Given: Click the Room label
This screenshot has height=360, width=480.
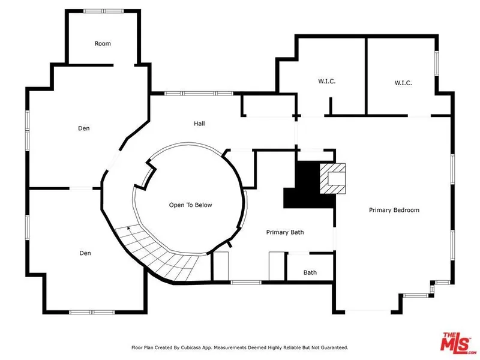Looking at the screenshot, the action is coord(103,43).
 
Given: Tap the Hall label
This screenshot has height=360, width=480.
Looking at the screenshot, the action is coord(199,124).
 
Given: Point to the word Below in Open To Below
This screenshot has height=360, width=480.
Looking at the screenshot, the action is coord(203,205).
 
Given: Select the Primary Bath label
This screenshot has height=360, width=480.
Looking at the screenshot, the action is coord(285,232).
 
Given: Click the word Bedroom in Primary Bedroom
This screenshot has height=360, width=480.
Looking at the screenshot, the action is coord(407,210).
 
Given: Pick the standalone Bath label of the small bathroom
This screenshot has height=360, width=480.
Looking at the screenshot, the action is coord(310,272).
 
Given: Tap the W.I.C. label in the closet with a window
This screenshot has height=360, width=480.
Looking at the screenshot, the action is coord(403,83).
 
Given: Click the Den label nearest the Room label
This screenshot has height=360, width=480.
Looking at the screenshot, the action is coord(84,128).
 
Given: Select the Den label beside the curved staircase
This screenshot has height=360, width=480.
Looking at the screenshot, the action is coord(85,253).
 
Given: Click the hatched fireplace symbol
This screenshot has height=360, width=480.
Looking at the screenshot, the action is coord(332,178).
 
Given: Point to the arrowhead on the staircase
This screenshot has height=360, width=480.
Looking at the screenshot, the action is coord(129,228).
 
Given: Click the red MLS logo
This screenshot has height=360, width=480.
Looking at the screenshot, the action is coord(457,341).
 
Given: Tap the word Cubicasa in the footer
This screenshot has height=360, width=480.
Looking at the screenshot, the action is coord(191,348).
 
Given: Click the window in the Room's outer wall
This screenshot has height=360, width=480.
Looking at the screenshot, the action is coord(103,11).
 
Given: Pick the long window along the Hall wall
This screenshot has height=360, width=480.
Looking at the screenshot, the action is coord(199,94).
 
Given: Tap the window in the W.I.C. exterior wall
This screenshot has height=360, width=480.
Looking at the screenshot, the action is coord(437,64).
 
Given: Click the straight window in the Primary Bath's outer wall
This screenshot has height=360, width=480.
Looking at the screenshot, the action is coord(246,282).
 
